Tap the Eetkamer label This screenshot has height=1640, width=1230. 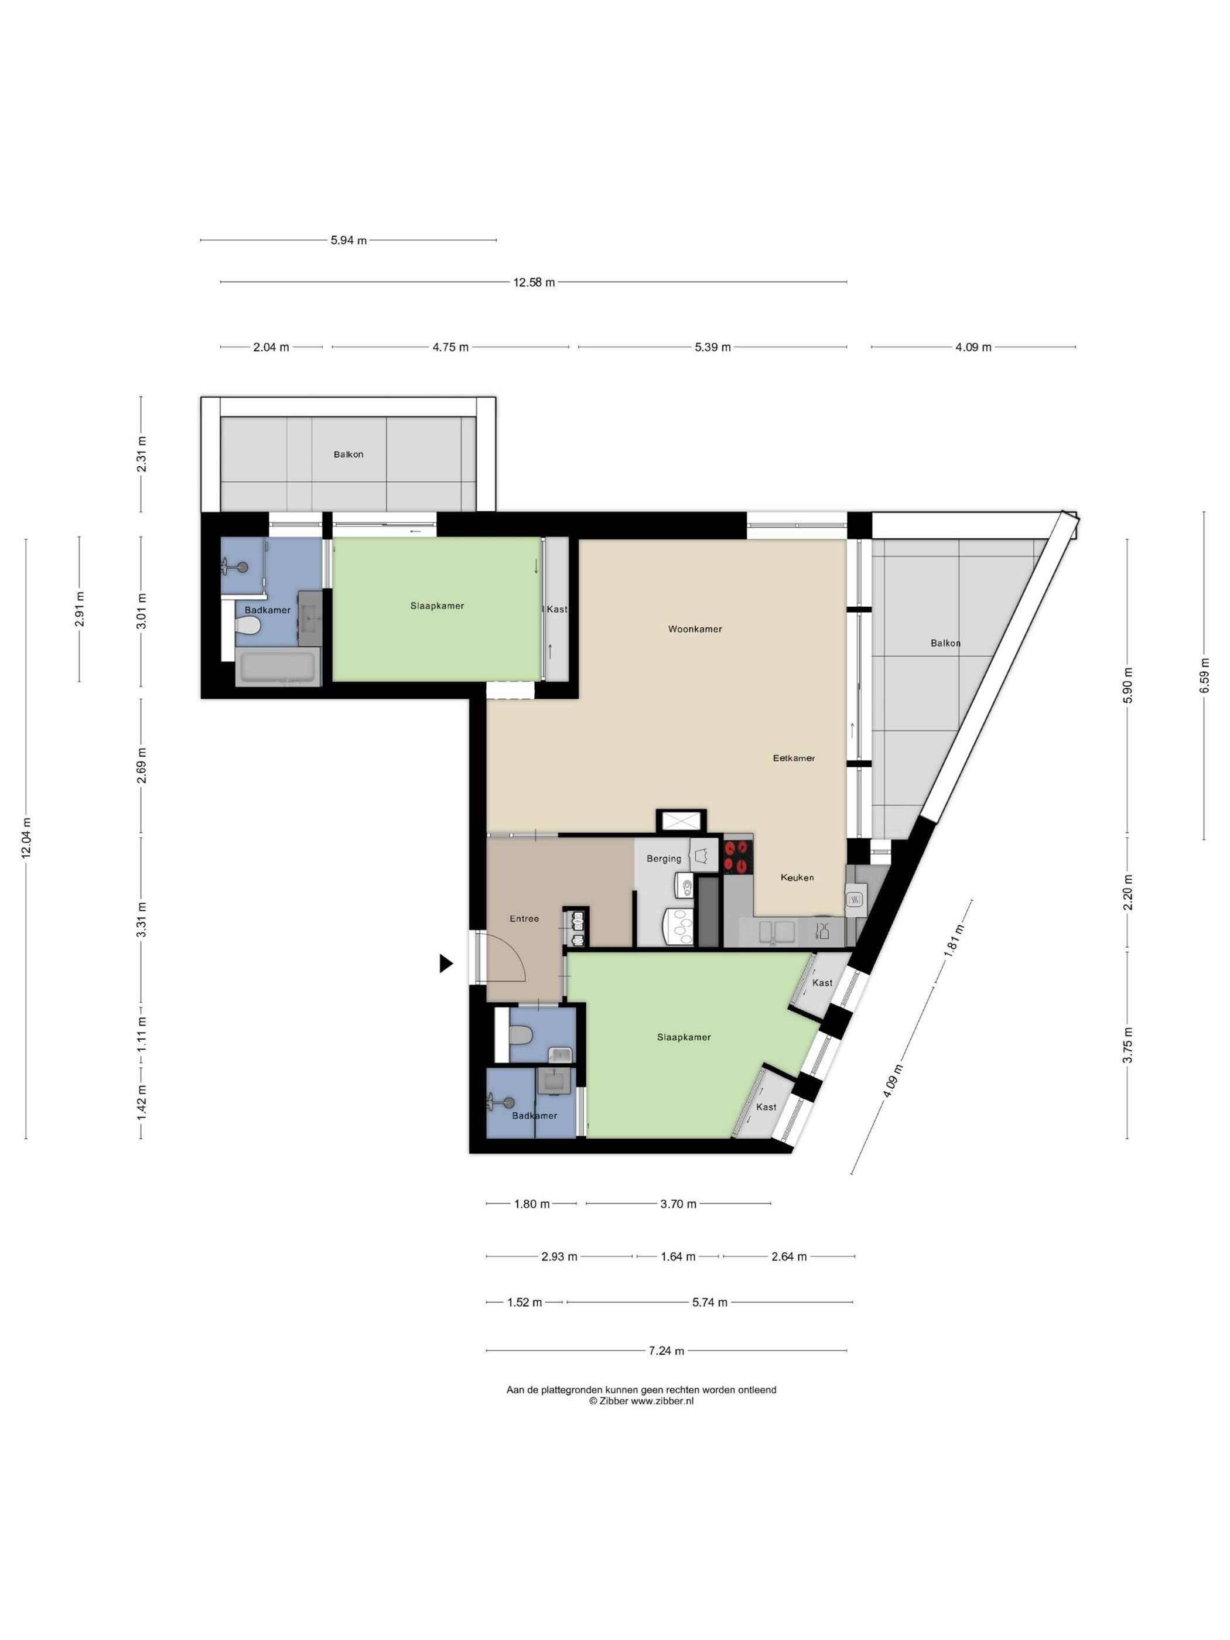[x=793, y=758]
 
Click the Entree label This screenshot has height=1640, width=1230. [x=524, y=918]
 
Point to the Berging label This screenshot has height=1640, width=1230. [x=664, y=859]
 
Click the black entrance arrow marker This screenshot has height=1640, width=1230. [x=446, y=963]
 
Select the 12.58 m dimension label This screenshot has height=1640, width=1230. [x=534, y=282]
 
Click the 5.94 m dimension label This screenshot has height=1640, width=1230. [x=348, y=240]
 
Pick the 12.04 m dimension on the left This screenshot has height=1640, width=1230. [x=27, y=838]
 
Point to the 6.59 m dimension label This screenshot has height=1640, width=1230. [x=1204, y=675]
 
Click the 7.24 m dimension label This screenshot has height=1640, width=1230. [x=666, y=1351]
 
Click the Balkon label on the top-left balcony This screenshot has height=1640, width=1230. [x=348, y=455]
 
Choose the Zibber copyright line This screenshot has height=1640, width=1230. [x=641, y=1401]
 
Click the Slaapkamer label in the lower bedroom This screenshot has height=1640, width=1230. [x=684, y=1037]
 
